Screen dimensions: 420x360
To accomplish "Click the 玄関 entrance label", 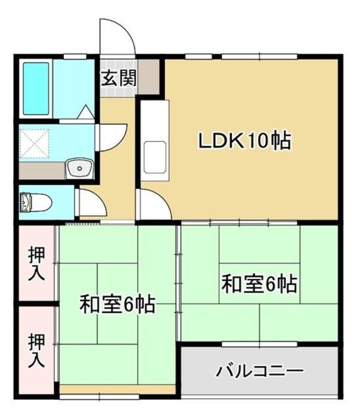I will click(118, 78).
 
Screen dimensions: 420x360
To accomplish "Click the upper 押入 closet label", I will click(37, 263).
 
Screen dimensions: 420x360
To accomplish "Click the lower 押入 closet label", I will click(37, 350).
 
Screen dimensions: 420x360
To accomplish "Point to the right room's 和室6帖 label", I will click(259, 283).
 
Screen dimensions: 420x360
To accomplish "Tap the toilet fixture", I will click(32, 202).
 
